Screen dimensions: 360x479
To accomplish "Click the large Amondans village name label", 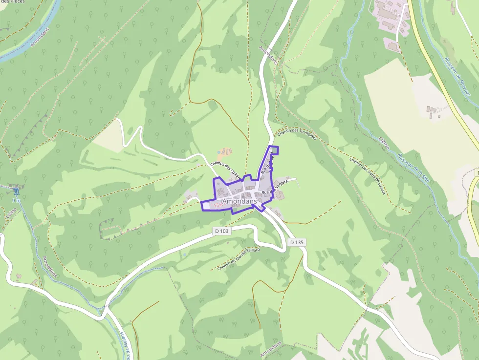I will click(x=239, y=201).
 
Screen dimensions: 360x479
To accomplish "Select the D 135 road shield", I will click(x=297, y=242).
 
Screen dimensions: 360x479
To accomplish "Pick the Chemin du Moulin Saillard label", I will click(x=239, y=258).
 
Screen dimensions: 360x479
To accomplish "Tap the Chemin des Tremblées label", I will click(x=297, y=134).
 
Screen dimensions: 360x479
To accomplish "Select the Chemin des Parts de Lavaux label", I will click(x=368, y=175).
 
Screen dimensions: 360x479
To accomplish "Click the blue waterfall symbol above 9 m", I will click(x=16, y=191).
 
